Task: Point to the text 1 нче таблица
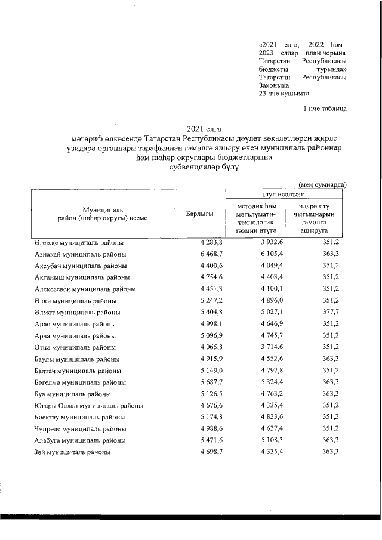click(x=325, y=108)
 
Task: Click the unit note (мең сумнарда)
click(x=322, y=185)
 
